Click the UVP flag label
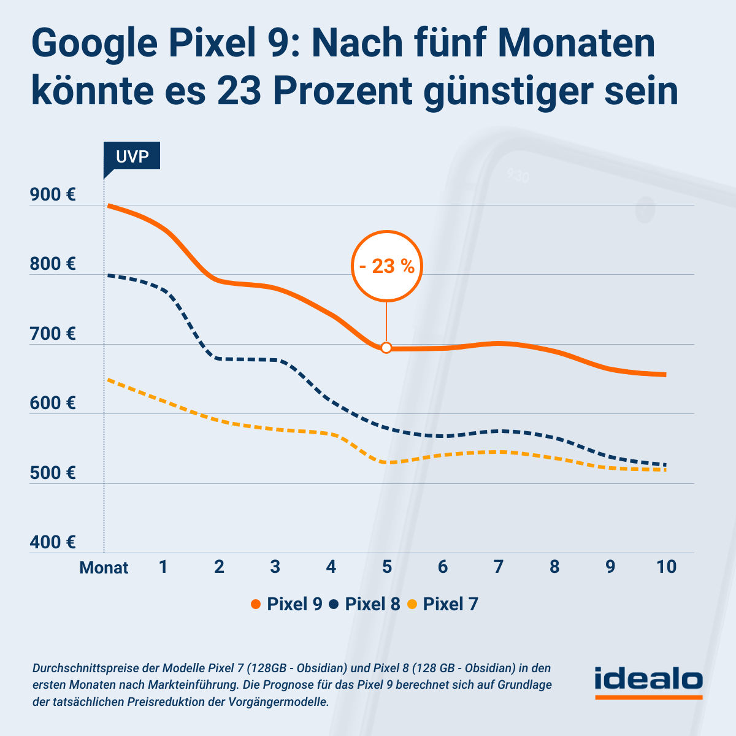coord(132,156)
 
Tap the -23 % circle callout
coord(387,267)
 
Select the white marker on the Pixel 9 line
coord(386,348)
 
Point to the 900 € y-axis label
coord(53,195)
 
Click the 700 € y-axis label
coord(53,334)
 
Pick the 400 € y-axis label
coord(53,542)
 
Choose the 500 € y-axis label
coord(53,473)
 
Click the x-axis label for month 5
coord(387,566)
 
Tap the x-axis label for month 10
coord(666,566)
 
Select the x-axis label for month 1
coord(163,566)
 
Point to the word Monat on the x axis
coord(104,567)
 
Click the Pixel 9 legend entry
coord(287,604)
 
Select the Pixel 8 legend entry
coord(365,604)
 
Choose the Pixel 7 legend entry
coord(443,604)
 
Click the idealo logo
coord(648,681)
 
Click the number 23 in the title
coord(238,91)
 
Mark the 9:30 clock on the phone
coord(518,177)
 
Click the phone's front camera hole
coord(645,210)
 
